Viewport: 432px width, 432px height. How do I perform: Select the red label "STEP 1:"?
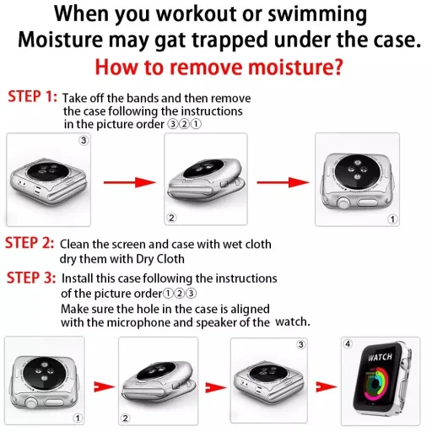31,97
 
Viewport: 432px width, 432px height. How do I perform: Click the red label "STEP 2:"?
30,243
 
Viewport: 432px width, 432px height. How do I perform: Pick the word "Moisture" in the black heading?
70,40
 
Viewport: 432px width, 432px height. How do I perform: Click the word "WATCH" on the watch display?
380,358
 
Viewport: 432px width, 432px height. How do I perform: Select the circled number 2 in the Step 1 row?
171,218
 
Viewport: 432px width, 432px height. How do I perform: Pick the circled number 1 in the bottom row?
78,417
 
